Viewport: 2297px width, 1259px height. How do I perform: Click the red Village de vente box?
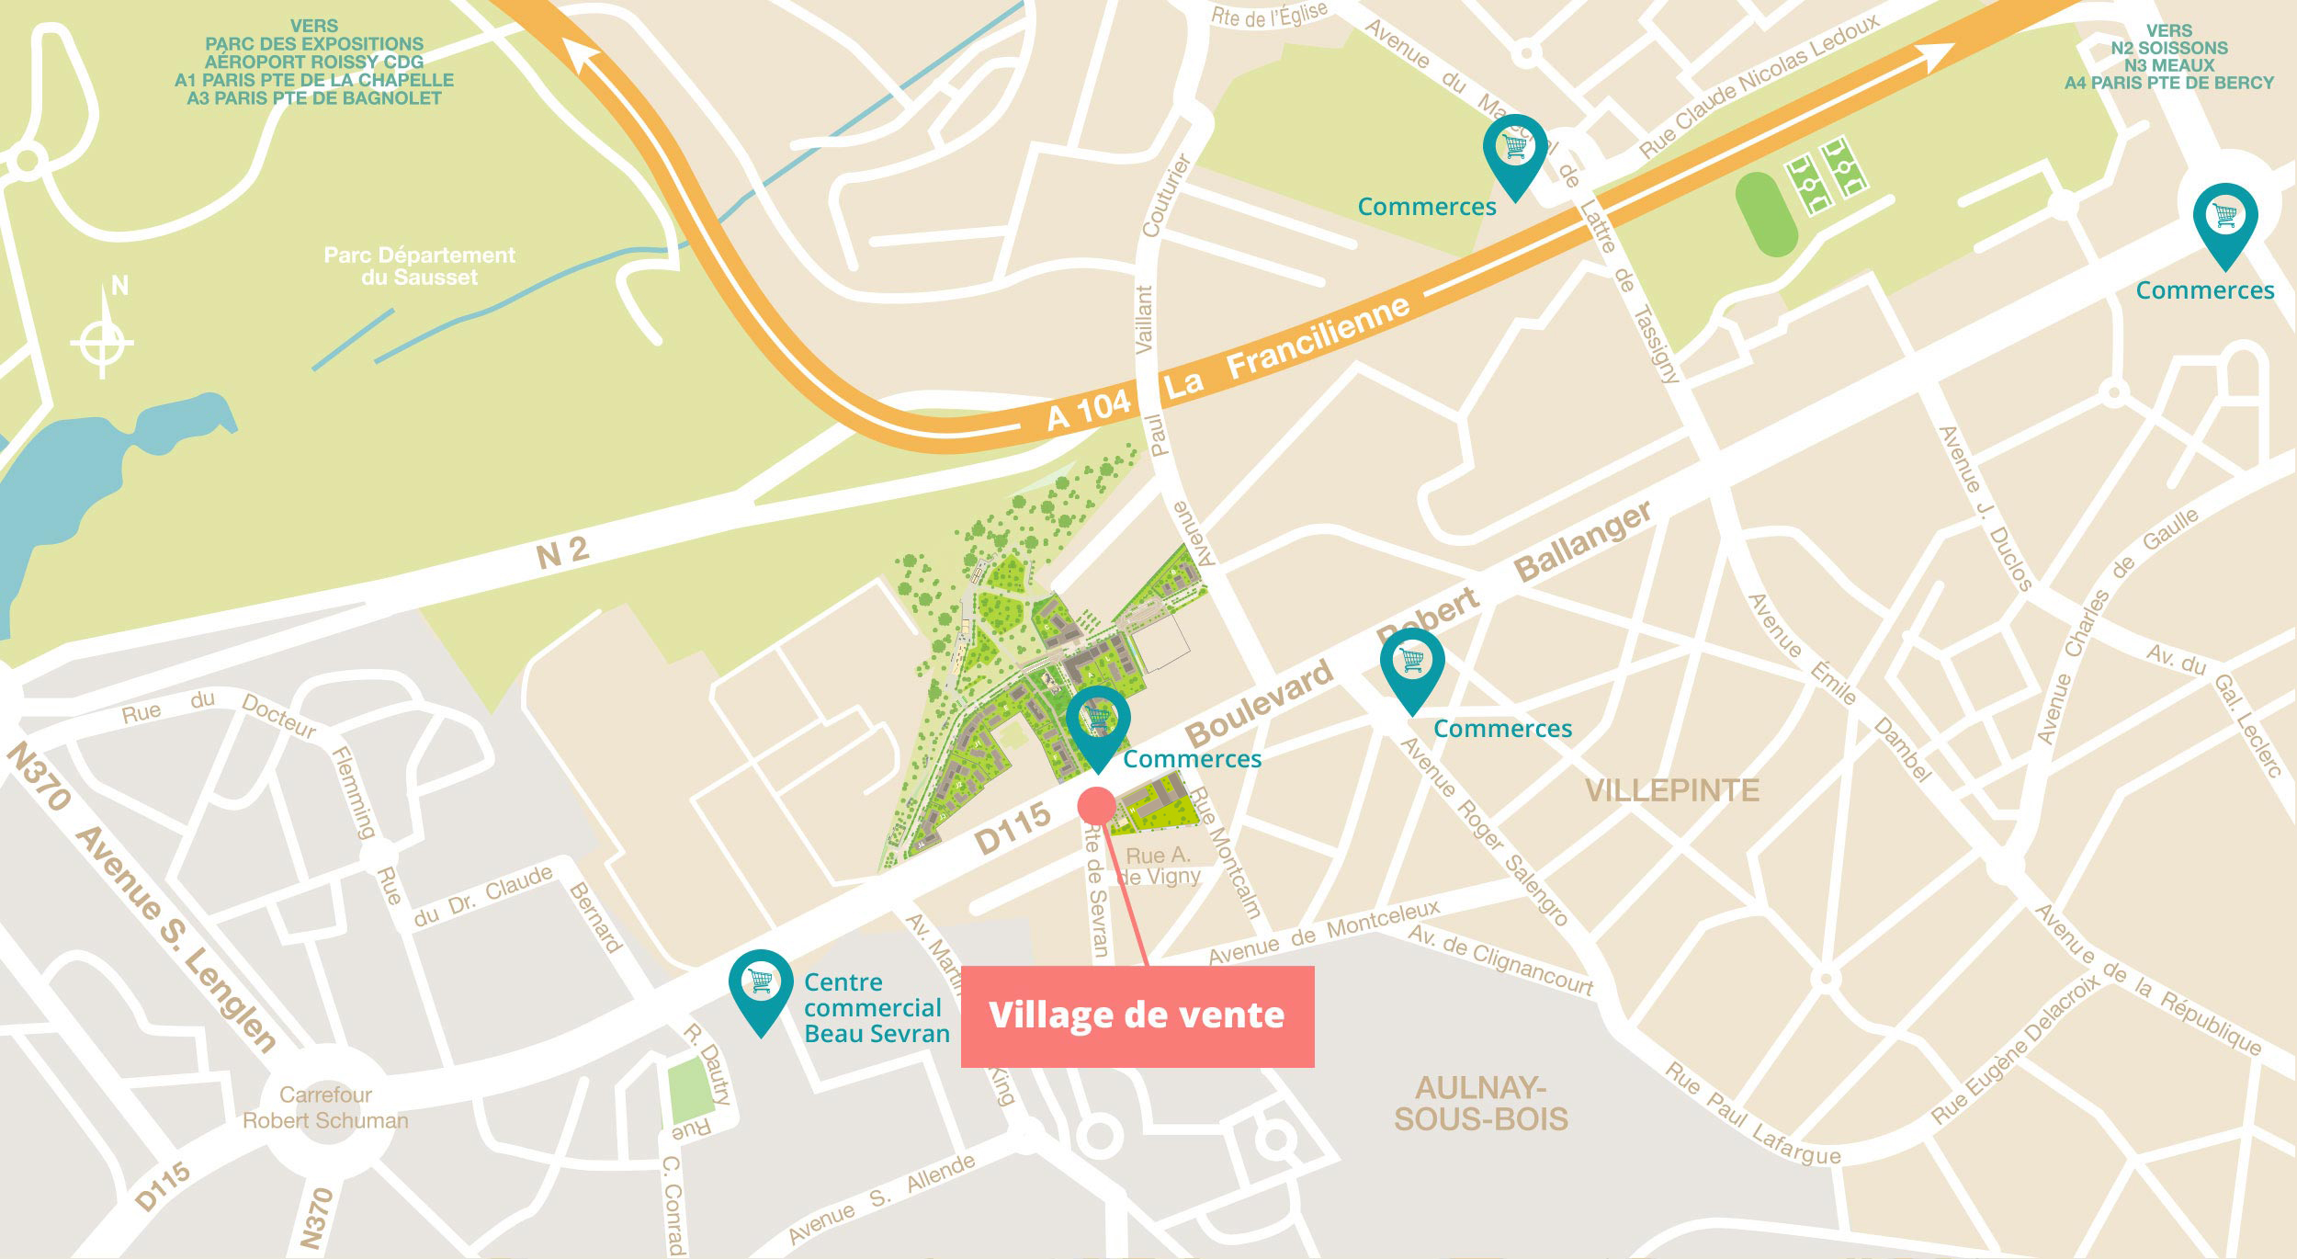(x=1137, y=1015)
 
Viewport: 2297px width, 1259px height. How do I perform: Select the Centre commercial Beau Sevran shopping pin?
(x=761, y=988)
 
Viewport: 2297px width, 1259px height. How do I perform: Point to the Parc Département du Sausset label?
(x=419, y=266)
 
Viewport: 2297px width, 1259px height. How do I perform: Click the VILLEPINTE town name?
(x=1671, y=790)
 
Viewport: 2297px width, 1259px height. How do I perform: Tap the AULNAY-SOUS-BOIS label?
(x=1480, y=1103)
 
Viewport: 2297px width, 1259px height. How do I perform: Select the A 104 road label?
(x=1089, y=410)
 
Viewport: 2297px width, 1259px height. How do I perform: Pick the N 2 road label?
(x=561, y=552)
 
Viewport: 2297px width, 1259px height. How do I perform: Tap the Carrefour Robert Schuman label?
(x=325, y=1107)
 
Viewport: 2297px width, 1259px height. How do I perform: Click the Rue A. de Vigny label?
(x=1159, y=866)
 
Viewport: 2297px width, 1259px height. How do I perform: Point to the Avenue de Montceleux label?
(x=1323, y=932)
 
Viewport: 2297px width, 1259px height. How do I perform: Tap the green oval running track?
(x=1765, y=214)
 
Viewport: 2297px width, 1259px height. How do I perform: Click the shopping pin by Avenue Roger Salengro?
(x=1412, y=666)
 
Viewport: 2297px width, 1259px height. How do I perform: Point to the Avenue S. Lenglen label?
(x=175, y=937)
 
